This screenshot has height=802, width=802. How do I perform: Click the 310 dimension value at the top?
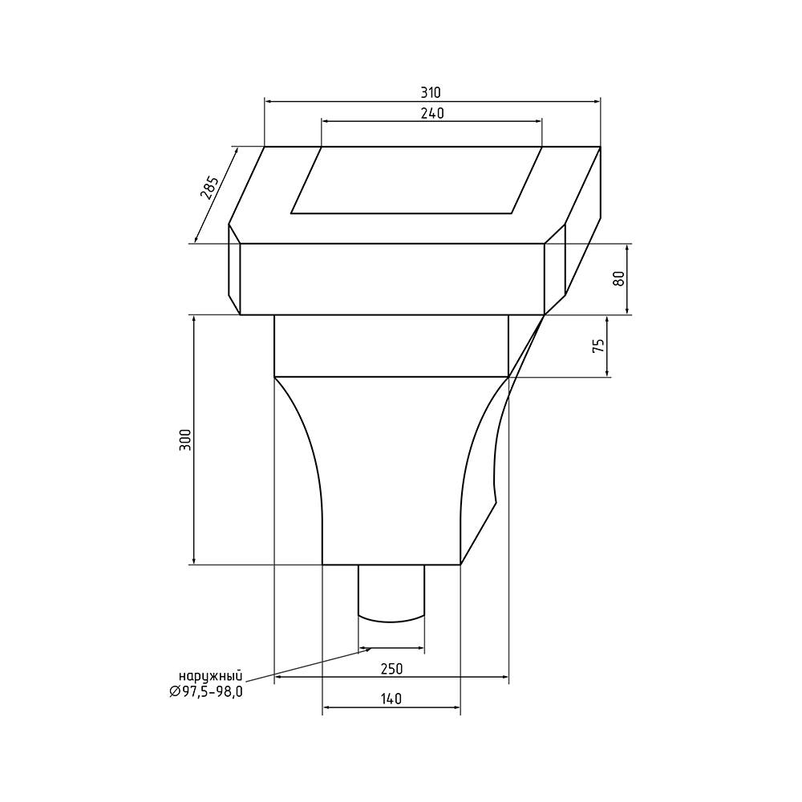[x=431, y=92]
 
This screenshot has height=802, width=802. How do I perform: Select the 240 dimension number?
[x=432, y=114]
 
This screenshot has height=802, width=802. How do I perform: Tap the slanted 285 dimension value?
[x=209, y=188]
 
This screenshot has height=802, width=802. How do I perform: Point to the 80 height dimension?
[x=619, y=278]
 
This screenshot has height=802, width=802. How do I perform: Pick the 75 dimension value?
[x=598, y=346]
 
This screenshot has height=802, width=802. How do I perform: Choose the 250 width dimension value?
[x=392, y=669]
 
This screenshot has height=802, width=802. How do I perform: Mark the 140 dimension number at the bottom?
[x=391, y=699]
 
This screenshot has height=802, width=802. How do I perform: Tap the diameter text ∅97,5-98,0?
[x=205, y=692]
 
